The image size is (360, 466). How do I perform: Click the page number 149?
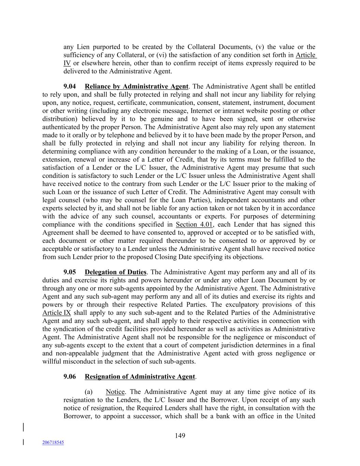[x=180, y=435]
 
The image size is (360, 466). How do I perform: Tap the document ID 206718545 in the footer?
[x=53, y=442]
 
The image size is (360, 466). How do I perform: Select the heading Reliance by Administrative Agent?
[x=136, y=86]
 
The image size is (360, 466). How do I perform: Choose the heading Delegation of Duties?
[x=115, y=272]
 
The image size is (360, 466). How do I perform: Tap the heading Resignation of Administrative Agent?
[x=140, y=377]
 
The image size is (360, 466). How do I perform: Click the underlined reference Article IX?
[x=57, y=313]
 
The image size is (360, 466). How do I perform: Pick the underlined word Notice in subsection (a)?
[x=115, y=392]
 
